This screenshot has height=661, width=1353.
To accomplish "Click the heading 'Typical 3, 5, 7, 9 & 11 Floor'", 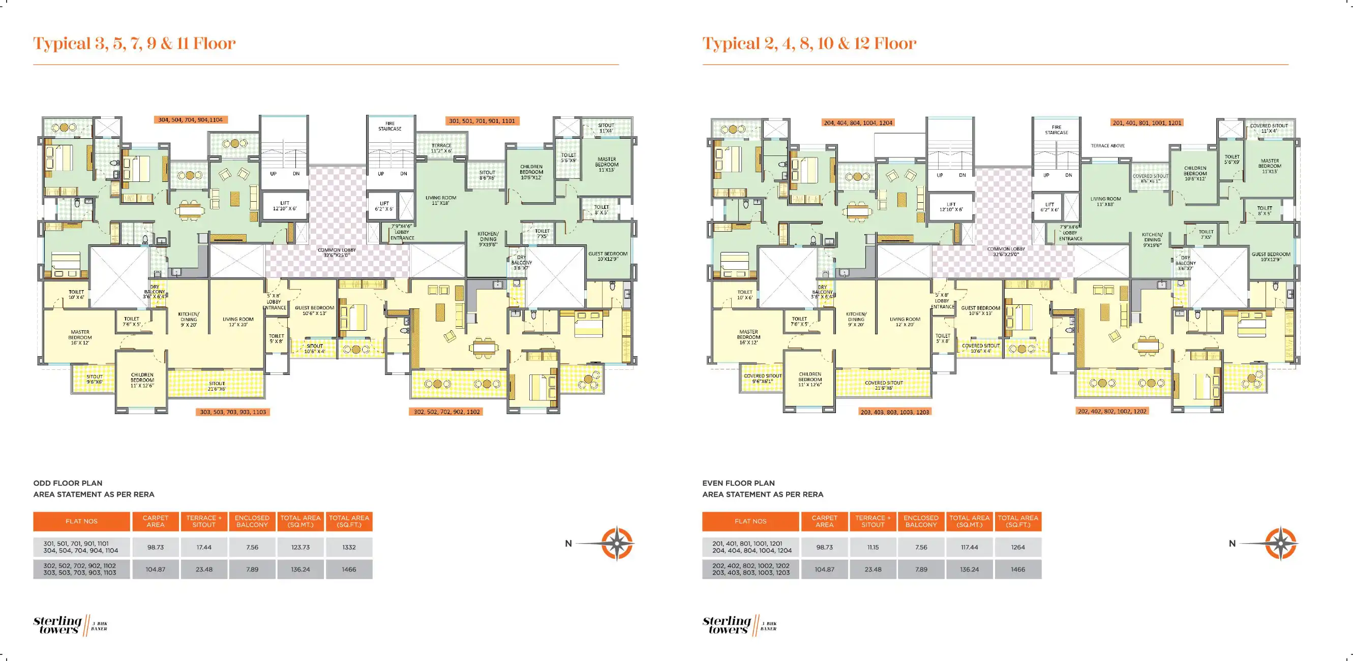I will tap(134, 43).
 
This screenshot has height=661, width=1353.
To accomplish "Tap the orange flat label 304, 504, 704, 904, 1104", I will tap(190, 120).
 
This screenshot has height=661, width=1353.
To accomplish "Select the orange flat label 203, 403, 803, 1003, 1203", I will tap(894, 412).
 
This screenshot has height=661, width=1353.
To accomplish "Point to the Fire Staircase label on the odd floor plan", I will tap(389, 126).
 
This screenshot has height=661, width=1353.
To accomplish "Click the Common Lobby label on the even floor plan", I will tap(1006, 251).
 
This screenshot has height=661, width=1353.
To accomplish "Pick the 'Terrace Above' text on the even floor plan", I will tap(1108, 145).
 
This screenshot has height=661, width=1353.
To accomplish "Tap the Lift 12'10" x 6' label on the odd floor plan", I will tap(285, 206).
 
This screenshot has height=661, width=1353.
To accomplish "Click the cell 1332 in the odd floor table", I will tap(349, 547).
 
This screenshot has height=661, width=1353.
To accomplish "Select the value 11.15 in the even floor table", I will tap(873, 547).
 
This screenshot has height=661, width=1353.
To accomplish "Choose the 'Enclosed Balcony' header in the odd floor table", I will tap(252, 521).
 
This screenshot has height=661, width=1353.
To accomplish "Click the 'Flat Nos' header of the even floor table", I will tap(750, 521).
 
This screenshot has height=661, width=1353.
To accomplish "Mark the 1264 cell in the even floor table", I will tap(1017, 547).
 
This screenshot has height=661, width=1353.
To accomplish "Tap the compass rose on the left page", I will tap(617, 544).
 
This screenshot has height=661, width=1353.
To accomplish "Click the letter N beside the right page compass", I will tap(1231, 544).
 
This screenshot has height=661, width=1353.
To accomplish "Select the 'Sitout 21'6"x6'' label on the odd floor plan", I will tap(217, 386).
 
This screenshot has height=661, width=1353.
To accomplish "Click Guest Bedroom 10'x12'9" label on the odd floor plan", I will tap(608, 256).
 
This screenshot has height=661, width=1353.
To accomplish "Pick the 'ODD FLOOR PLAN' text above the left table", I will tap(68, 483).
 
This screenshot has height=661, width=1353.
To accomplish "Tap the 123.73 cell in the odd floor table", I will tap(300, 547).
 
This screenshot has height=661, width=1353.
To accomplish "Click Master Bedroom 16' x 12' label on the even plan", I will tap(748, 337).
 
